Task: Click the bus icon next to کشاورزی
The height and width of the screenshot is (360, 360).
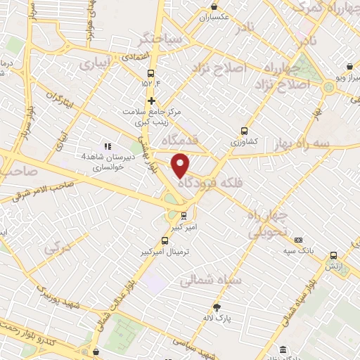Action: tap(244, 131)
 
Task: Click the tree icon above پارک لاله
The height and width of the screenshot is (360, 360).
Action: tap(217, 307)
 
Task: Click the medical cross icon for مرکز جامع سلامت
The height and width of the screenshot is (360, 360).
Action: tap(151, 101)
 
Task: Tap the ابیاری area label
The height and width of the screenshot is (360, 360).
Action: tap(95, 63)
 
